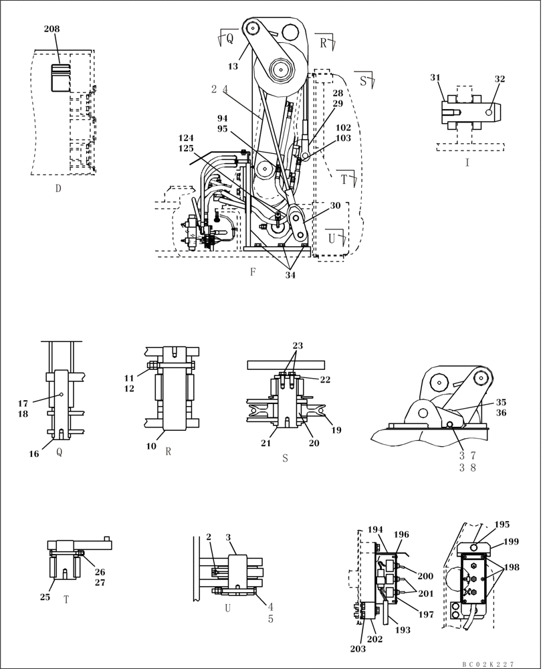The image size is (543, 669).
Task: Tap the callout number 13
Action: [x=233, y=66]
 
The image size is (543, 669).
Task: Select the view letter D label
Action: [x=58, y=189]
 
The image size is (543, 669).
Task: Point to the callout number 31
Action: [x=435, y=78]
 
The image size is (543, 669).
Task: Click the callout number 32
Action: [x=500, y=78]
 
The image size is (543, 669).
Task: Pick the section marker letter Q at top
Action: [x=229, y=39]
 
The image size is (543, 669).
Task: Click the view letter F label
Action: [x=253, y=272]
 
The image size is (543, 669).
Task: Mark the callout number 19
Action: [x=336, y=430]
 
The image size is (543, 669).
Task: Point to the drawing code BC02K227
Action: [x=487, y=664]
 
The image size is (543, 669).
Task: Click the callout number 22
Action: [x=324, y=379]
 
